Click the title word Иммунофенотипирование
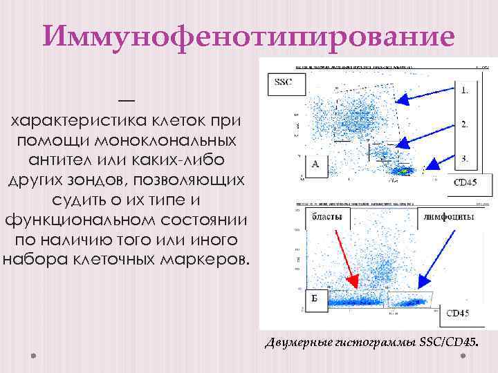tap(249, 37)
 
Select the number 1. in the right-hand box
tap(465, 90)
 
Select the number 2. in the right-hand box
tap(465, 124)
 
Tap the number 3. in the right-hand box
tap(465, 158)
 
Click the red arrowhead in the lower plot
tap(352, 281)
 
